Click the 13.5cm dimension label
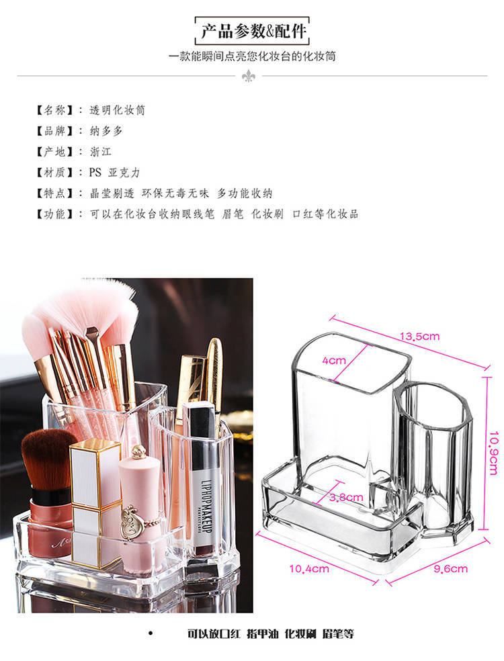[x=419, y=337]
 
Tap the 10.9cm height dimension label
[x=493, y=453]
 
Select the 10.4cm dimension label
[x=308, y=569]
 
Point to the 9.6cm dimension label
[x=450, y=569]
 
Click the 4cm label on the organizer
[x=333, y=361]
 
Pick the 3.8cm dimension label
[x=346, y=498]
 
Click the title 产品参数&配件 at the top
[x=253, y=31]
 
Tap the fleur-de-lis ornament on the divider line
[x=249, y=76]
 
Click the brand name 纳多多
[x=106, y=131]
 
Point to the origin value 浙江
[x=100, y=152]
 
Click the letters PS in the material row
[x=95, y=173]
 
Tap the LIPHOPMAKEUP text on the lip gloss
[x=206, y=506]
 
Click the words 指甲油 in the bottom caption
[x=262, y=633]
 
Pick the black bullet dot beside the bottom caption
[x=151, y=633]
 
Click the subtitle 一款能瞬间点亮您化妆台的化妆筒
[x=252, y=56]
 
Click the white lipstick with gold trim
[x=95, y=502]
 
